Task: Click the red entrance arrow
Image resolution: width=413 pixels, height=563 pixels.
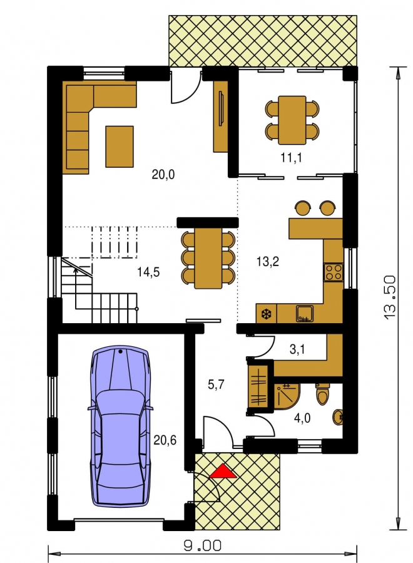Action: (223, 472)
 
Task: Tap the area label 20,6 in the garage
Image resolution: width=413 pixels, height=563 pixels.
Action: (165, 440)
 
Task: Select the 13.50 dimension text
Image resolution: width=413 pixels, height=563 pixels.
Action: (389, 297)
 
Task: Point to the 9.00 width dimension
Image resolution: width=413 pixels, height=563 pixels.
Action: (203, 546)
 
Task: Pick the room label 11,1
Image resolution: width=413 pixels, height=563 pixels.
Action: (291, 157)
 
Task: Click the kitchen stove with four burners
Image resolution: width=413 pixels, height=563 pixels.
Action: (334, 272)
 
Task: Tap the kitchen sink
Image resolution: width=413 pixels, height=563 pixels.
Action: (305, 313)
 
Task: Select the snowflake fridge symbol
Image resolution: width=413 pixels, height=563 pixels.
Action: (267, 314)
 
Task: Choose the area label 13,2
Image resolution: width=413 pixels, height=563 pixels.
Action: (268, 261)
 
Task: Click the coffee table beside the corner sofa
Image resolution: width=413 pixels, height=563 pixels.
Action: (120, 147)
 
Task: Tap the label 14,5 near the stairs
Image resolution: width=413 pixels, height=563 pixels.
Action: (148, 272)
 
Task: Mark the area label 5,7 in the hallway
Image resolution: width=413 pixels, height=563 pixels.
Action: (216, 385)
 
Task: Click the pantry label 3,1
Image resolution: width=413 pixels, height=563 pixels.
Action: (297, 349)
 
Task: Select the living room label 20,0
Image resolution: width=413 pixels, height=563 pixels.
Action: (163, 175)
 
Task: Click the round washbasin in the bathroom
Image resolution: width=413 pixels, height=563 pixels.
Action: (338, 417)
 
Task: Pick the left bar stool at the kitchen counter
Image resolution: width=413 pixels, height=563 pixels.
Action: (303, 208)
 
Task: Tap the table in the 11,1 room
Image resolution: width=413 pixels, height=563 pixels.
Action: (292, 120)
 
